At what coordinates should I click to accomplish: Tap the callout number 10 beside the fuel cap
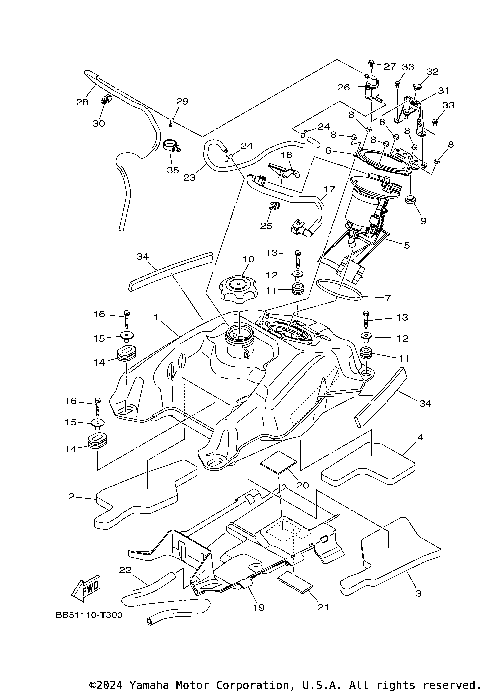pyautogui.click(x=248, y=260)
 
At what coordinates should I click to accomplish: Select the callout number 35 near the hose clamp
pyautogui.click(x=173, y=171)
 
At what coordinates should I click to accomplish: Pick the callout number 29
pyautogui.click(x=183, y=102)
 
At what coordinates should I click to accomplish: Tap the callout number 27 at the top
pyautogui.click(x=391, y=64)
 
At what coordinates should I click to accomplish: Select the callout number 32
pyautogui.click(x=433, y=71)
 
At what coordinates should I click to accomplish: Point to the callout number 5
pyautogui.click(x=406, y=244)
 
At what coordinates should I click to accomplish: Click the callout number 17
pyautogui.click(x=328, y=189)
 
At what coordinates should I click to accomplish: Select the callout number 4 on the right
pyautogui.click(x=421, y=437)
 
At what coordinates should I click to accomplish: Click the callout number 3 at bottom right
pyautogui.click(x=417, y=593)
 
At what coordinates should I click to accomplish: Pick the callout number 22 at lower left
pyautogui.click(x=126, y=569)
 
